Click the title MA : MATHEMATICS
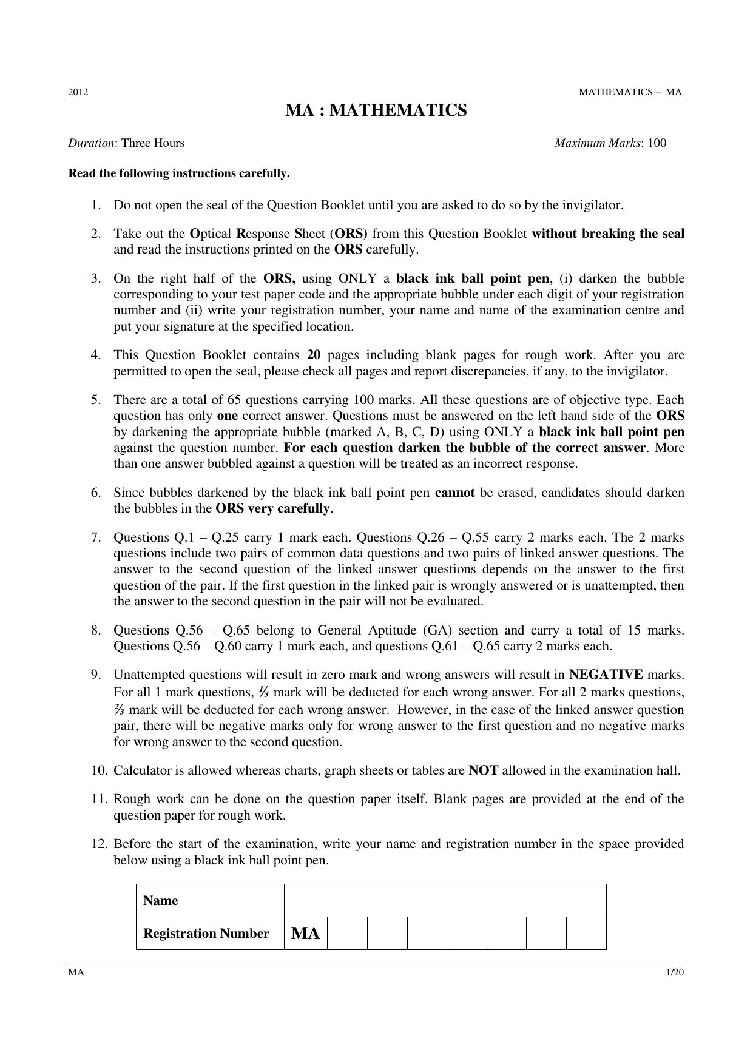click(x=376, y=111)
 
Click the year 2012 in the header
click(x=78, y=92)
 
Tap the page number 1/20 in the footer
click(x=675, y=972)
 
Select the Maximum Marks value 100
click(x=657, y=143)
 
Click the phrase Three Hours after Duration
click(x=152, y=143)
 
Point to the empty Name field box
click(x=445, y=901)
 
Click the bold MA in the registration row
click(x=305, y=934)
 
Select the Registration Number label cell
click(x=206, y=934)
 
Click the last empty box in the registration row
click(x=586, y=934)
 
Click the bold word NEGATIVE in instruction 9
click(x=606, y=675)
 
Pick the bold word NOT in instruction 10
click(x=484, y=770)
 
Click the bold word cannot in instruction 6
click(x=454, y=493)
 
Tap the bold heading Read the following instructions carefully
click(x=179, y=173)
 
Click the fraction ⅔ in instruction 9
click(x=120, y=710)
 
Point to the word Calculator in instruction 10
click(x=143, y=770)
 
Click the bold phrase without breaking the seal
click(x=607, y=234)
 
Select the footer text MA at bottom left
click(x=76, y=972)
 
